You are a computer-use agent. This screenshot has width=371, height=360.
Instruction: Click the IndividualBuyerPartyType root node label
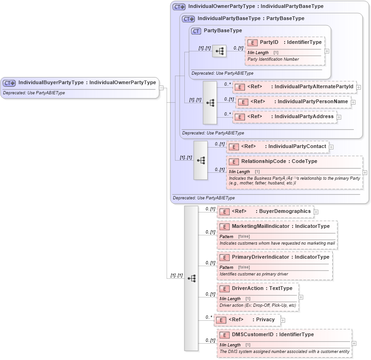87,83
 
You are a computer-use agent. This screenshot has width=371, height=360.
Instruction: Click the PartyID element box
285,42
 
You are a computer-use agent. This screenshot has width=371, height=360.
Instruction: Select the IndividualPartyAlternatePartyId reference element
294,87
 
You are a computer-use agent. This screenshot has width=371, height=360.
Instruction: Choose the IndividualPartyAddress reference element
285,117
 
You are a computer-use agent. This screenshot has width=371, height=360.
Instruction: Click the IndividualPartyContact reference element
277,147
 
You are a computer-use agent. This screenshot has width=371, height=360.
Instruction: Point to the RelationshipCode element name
263,162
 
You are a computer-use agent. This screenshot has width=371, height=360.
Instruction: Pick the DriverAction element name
247,289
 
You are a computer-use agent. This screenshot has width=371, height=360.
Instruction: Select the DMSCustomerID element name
252,335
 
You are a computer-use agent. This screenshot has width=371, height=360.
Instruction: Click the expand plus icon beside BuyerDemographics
316,212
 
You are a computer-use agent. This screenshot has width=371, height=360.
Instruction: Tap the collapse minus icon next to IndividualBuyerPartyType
161,87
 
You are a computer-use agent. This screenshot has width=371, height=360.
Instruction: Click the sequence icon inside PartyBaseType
219,51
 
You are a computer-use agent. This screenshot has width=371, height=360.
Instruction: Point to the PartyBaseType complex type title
223,31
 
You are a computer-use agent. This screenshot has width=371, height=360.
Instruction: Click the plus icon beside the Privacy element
283,320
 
